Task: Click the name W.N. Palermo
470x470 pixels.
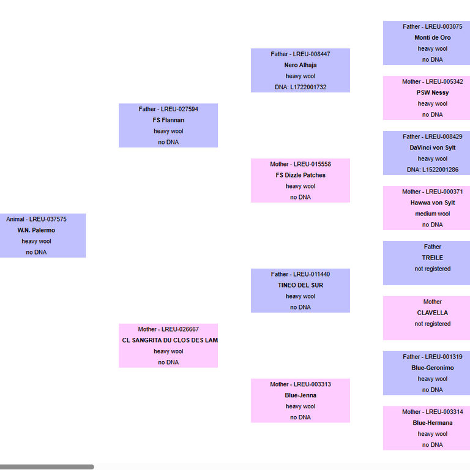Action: pos(36,230)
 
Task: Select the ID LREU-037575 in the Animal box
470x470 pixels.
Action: pos(48,219)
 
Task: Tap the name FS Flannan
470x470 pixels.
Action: pos(168,120)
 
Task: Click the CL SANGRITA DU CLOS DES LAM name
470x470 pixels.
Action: pos(170,340)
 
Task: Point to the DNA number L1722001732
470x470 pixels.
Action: pos(308,88)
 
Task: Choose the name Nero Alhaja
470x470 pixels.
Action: pos(300,65)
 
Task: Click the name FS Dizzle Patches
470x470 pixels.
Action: pos(300,175)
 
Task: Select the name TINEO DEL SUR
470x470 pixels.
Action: pos(300,285)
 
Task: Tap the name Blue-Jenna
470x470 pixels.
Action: pos(300,395)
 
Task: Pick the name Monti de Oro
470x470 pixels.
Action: pos(433,37)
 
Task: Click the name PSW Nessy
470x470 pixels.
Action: pos(433,92)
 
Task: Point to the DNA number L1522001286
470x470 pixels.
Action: pos(441,170)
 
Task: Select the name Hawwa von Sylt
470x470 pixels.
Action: pos(433,203)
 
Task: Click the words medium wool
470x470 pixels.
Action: pos(433,214)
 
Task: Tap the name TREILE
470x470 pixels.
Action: pos(433,258)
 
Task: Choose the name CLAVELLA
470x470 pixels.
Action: pos(433,313)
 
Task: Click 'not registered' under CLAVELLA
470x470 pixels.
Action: pos(433,324)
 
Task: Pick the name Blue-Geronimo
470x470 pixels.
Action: pos(433,368)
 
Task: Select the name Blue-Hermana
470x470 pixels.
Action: pos(433,423)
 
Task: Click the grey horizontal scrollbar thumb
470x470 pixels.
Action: pos(47,467)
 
